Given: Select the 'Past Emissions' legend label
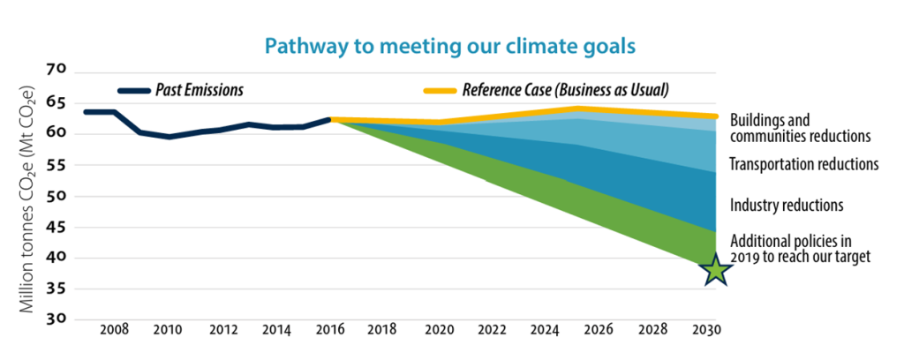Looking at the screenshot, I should (200, 89).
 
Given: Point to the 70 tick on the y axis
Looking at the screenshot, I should (57, 71).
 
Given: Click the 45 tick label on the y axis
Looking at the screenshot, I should (57, 227).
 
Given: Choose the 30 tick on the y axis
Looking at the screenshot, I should (57, 319).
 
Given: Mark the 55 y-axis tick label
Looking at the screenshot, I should (57, 165).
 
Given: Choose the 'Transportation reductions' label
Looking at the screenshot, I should (804, 164).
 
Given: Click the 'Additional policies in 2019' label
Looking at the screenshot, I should (801, 248).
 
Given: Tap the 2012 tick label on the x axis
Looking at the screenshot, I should (222, 330).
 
